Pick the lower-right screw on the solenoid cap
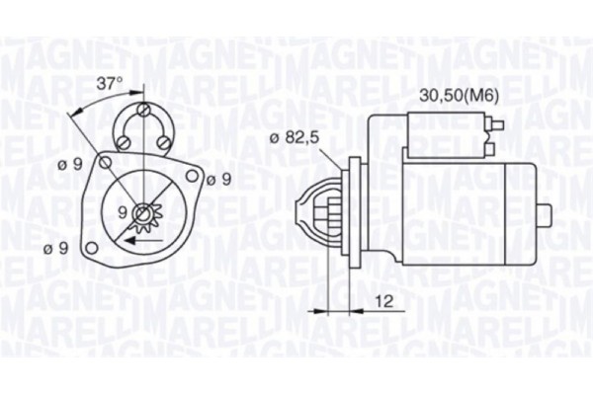coord(163,140)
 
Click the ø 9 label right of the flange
coord(218,179)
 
